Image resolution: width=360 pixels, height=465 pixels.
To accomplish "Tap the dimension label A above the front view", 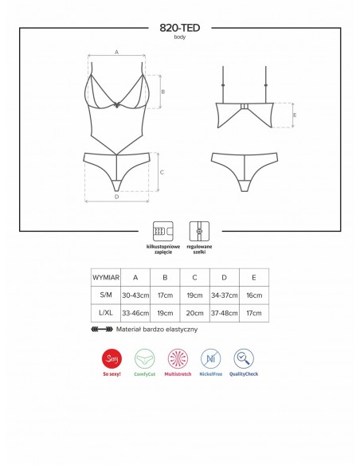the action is pyautogui.click(x=116, y=52).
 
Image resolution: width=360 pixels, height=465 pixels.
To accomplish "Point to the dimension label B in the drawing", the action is pyautogui.click(x=162, y=92).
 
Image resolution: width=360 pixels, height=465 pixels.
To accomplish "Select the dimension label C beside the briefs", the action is pyautogui.click(x=162, y=172).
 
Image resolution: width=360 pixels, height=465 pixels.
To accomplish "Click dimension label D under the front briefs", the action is pyautogui.click(x=116, y=196).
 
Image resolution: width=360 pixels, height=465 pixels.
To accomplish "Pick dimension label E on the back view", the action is pyautogui.click(x=295, y=115).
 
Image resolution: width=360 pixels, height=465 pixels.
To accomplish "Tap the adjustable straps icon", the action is pyautogui.click(x=198, y=231).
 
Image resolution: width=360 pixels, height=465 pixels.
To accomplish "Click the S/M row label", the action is pyautogui.click(x=105, y=295).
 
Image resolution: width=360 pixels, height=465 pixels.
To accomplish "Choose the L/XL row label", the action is pyautogui.click(x=105, y=314).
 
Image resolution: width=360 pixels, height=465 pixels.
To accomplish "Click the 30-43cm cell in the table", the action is pyautogui.click(x=135, y=295).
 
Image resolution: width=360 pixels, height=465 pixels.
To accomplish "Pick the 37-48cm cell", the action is pyautogui.click(x=224, y=314).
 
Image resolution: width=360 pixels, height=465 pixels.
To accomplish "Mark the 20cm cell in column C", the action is pyautogui.click(x=194, y=314).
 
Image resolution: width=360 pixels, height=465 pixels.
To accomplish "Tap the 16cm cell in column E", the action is pyautogui.click(x=254, y=295).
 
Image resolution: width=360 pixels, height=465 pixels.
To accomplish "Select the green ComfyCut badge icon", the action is pyautogui.click(x=145, y=358).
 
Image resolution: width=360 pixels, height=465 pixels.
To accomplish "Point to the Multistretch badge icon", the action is pyautogui.click(x=178, y=358).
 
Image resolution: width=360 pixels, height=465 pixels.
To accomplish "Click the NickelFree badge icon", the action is pyautogui.click(x=210, y=358).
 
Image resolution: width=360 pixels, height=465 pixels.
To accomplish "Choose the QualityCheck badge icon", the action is pyautogui.click(x=244, y=358).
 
